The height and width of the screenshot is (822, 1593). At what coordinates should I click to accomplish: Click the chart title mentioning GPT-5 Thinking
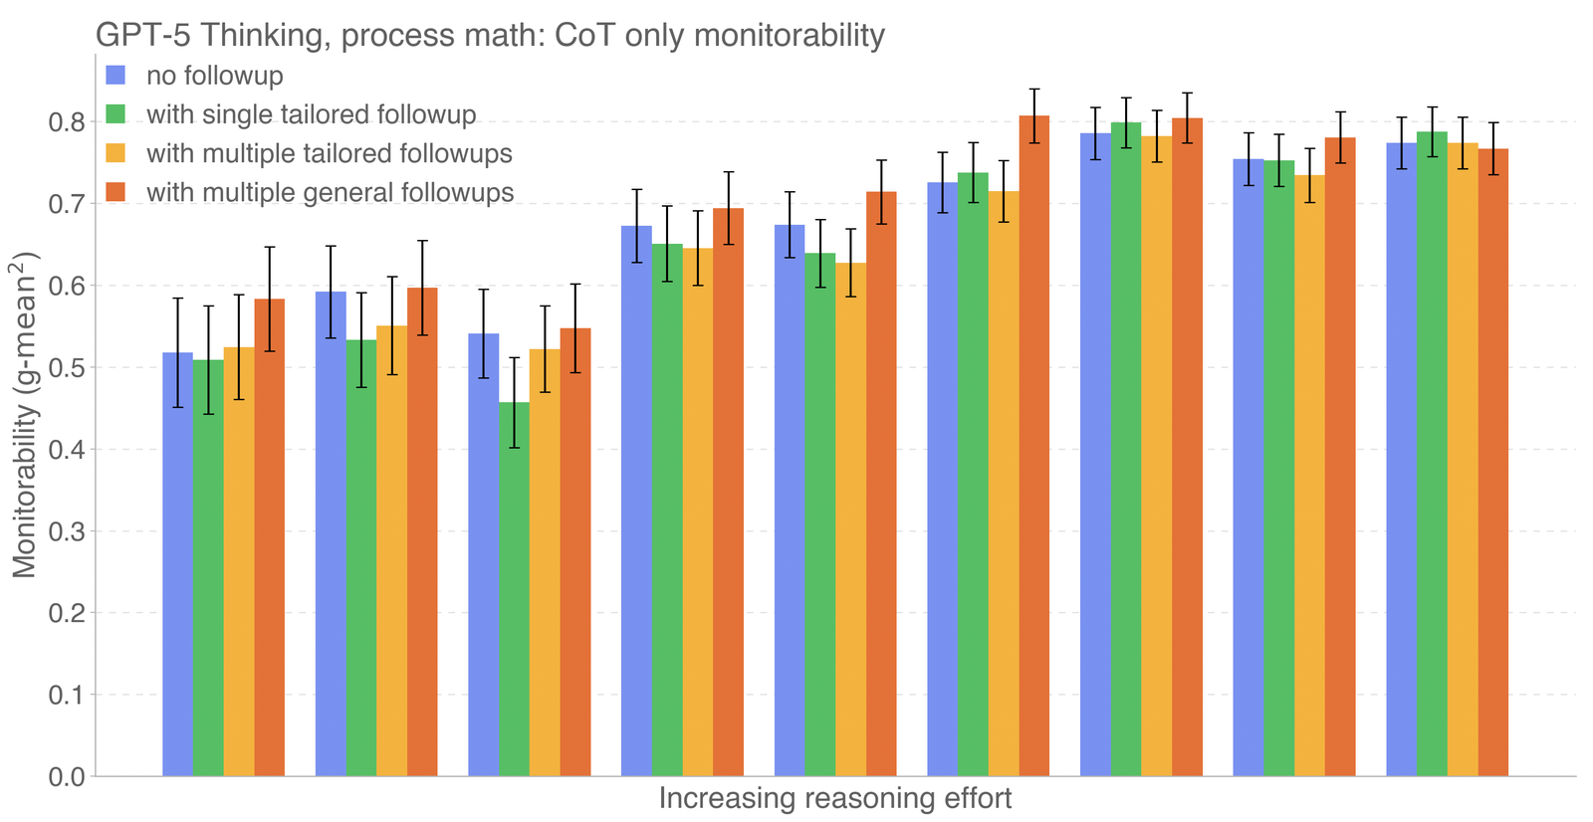click(490, 35)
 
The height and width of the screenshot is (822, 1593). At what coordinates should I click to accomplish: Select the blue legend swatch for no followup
click(116, 75)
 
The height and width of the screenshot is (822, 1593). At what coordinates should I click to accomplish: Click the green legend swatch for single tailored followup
click(116, 113)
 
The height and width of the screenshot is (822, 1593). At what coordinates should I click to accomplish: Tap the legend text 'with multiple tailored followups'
click(329, 153)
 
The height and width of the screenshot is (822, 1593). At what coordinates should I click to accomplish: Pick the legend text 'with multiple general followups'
click(330, 192)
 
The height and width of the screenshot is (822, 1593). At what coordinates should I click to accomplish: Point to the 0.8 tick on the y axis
click(68, 122)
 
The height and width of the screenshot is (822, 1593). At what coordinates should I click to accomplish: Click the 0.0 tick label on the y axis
click(68, 776)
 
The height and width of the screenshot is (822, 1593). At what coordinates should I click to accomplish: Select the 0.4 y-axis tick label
click(68, 450)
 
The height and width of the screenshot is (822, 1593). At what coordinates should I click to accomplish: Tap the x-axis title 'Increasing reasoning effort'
click(834, 798)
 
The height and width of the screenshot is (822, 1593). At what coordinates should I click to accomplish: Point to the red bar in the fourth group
click(728, 492)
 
